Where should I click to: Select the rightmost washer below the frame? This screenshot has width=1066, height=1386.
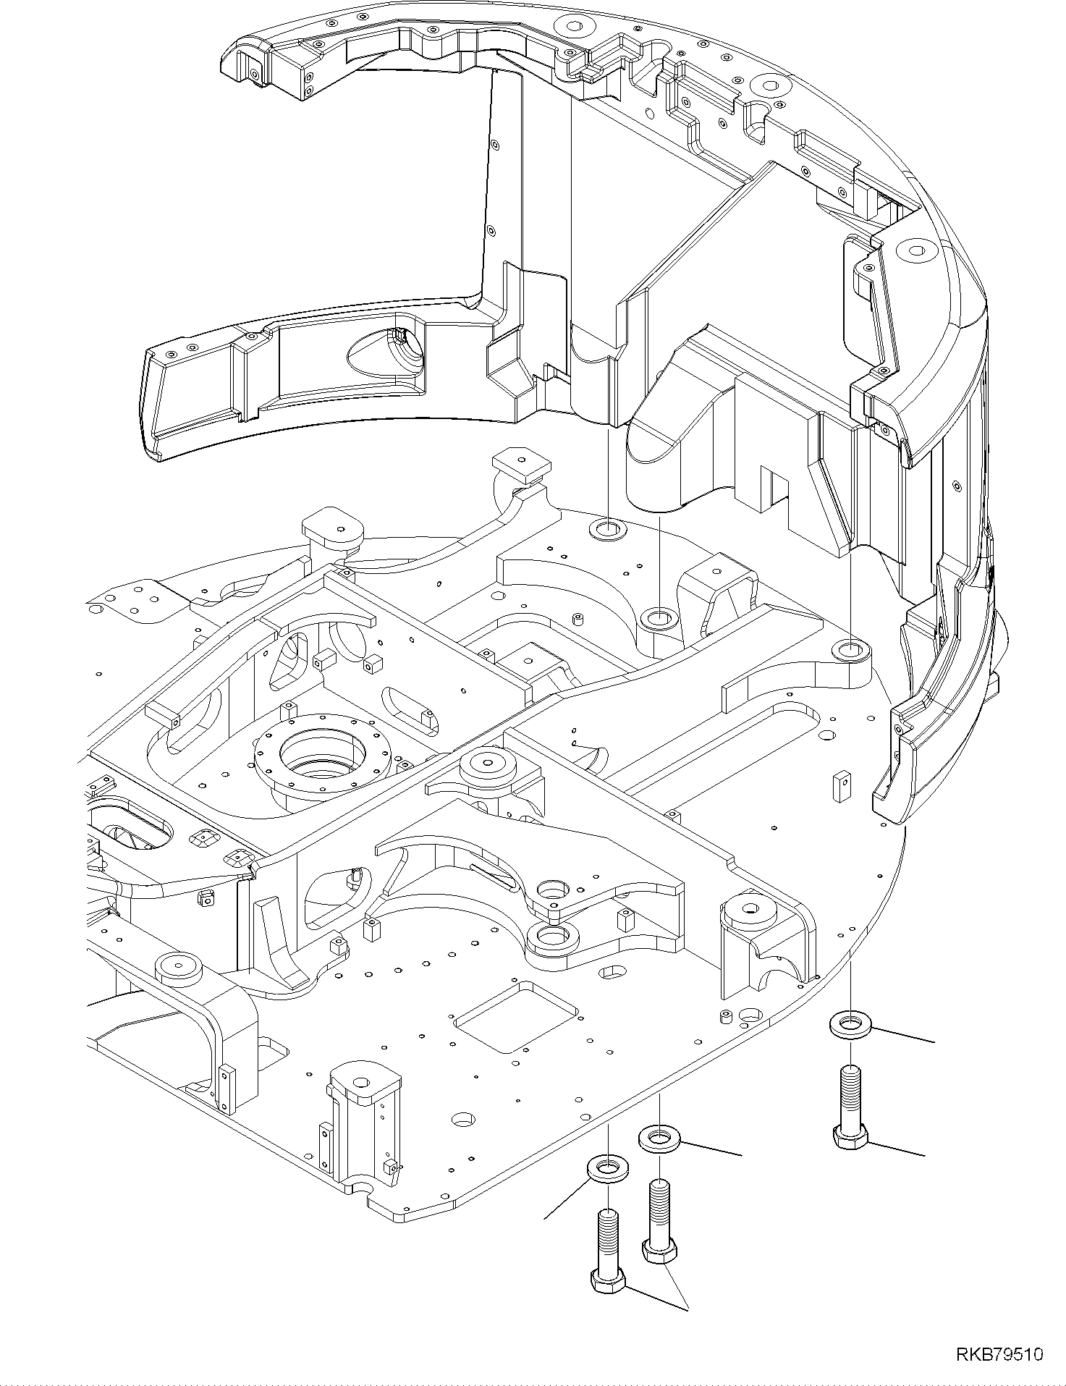tap(850, 1025)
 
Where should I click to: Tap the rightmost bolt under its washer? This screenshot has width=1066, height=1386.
tap(850, 1111)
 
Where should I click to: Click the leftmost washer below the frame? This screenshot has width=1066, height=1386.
tap(607, 1186)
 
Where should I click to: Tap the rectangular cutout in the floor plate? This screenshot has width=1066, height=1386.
tap(515, 1016)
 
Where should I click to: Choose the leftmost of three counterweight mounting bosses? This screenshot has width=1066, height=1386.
tap(606, 528)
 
